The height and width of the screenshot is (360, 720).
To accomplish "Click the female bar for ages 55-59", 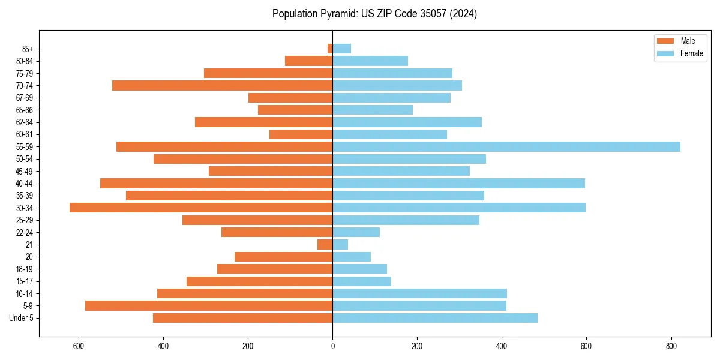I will (506, 147).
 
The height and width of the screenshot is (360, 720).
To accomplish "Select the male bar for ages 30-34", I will (201, 208).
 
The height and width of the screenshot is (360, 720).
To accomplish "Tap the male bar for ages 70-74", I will (222, 86).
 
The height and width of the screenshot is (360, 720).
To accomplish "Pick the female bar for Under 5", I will (435, 318).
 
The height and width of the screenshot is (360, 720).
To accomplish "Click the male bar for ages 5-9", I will (209, 306).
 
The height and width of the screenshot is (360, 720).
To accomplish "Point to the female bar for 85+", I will (342, 49).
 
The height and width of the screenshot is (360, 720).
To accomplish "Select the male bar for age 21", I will (325, 245).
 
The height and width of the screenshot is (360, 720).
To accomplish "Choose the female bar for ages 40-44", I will (459, 184).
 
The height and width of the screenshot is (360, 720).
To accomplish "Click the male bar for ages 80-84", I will (309, 61).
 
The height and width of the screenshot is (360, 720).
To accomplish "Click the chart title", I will (374, 14).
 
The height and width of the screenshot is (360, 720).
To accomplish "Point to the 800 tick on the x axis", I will (671, 346).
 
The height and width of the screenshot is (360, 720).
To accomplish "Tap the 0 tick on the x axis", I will (332, 346).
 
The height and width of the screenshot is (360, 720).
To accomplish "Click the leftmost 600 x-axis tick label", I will (78, 346).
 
